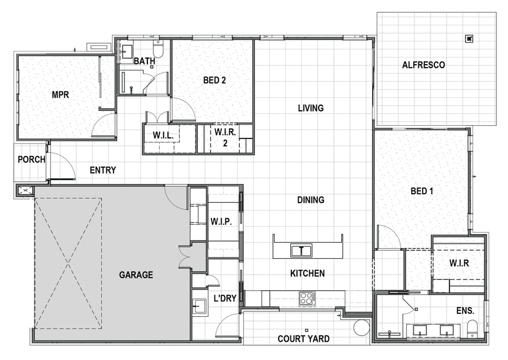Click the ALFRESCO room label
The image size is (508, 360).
pyautogui.click(x=423, y=65)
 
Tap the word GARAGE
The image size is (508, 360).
pyautogui.click(x=136, y=275)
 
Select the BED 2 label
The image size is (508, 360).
pyautogui.click(x=214, y=80)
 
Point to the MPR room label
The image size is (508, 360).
pyautogui.click(x=60, y=95)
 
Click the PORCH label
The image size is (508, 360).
pyautogui.click(x=32, y=160)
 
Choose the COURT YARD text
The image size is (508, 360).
pyautogui.click(x=304, y=339)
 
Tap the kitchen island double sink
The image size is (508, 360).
pyautogui.click(x=301, y=250)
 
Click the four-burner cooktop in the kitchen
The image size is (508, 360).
pyautogui.click(x=306, y=299)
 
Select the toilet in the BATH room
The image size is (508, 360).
pyautogui.click(x=158, y=49)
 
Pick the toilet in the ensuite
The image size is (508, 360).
pyautogui.click(x=473, y=328)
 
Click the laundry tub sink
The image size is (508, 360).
pyautogui.click(x=199, y=306)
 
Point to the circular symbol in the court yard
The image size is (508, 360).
pyautogui.click(x=362, y=328)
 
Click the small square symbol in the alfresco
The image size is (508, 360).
pyautogui.click(x=469, y=39)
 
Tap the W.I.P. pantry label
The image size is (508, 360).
pyautogui.click(x=221, y=222)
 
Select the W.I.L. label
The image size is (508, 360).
pyautogui.click(x=163, y=136)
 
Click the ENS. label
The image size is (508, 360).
pyautogui.click(x=465, y=311)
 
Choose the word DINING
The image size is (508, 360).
pyautogui.click(x=311, y=200)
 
